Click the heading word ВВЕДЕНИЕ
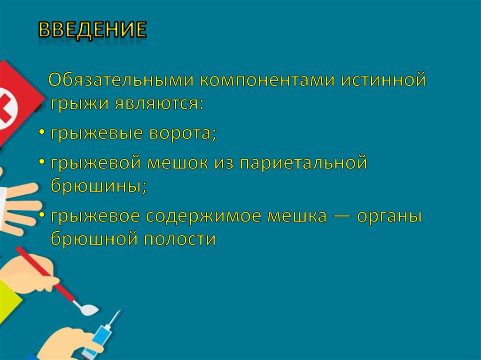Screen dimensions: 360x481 [92, 30]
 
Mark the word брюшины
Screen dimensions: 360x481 [99, 186]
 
